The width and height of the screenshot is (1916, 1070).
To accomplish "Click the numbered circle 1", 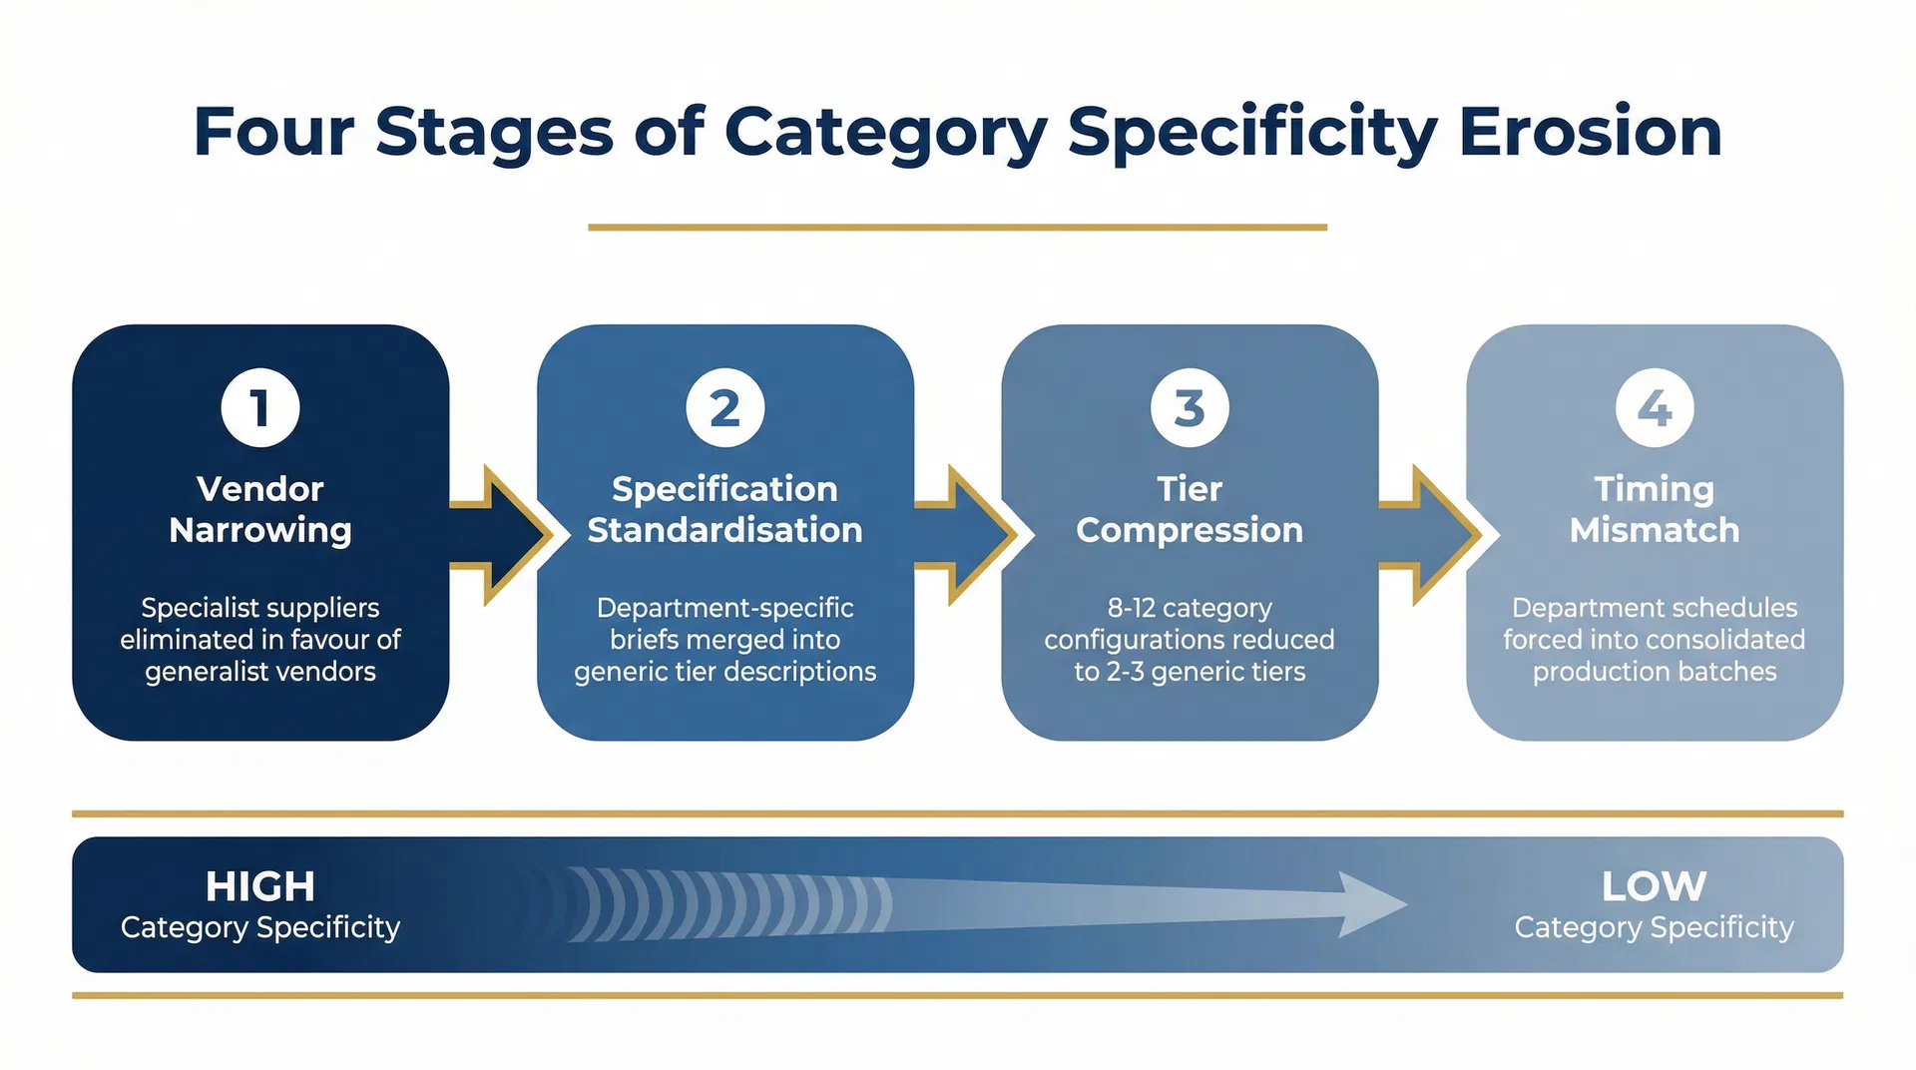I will (260, 408).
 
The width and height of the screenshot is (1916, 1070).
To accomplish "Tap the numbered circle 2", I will (725, 408).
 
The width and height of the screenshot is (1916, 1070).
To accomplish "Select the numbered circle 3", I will (1190, 408).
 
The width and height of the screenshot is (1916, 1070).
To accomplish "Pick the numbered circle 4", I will (1655, 408).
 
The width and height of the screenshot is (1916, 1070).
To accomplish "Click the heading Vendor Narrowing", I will (260, 509).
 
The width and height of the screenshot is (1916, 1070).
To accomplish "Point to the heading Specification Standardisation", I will (725, 509).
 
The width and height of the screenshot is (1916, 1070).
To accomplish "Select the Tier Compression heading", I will (1190, 509).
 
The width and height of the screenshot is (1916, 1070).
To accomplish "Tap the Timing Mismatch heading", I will (1655, 509).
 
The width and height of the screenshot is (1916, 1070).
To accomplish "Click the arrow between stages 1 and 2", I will (499, 535).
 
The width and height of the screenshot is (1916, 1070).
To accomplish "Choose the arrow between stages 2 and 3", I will (964, 535).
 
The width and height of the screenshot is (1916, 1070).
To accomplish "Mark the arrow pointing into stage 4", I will (1429, 535).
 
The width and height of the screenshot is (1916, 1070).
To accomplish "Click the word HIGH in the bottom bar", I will (260, 886).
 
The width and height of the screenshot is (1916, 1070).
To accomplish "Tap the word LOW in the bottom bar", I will (1655, 886).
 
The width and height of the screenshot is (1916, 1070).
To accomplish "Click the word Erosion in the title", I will (1591, 132).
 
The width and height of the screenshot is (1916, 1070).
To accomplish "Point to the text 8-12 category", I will (1190, 608).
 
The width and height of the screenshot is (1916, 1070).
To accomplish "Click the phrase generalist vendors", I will (260, 672).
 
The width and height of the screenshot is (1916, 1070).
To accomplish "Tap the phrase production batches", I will (1655, 672).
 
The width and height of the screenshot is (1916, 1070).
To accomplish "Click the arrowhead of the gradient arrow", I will (1372, 904).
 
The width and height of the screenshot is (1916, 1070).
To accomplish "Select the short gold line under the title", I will (958, 228).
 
